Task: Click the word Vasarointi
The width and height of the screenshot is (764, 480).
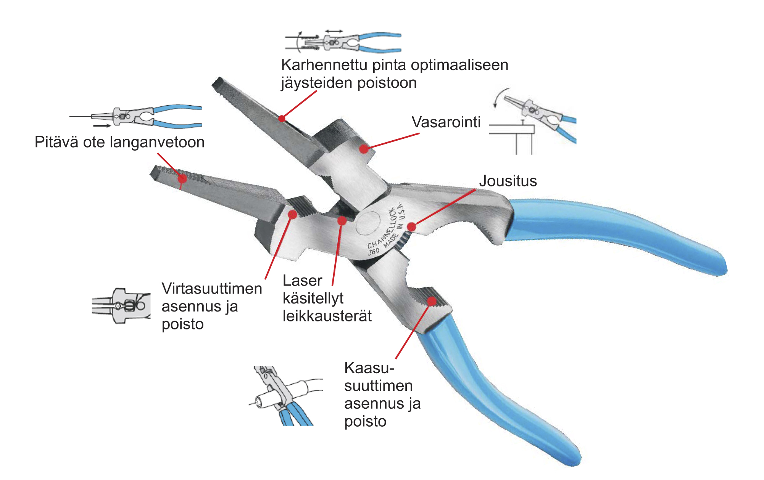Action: click(446, 122)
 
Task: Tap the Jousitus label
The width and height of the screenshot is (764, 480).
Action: click(508, 181)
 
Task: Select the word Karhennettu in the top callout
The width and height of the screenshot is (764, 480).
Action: click(324, 65)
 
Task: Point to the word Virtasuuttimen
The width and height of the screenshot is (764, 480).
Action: click(212, 289)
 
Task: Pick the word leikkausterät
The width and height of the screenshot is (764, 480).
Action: click(327, 316)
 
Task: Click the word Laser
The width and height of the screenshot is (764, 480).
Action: click(302, 281)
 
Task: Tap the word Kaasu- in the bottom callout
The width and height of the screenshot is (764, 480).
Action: click(369, 368)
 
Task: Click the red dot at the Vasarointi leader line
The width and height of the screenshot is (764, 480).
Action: click(364, 149)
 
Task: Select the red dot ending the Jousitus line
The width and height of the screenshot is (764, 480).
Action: click(411, 227)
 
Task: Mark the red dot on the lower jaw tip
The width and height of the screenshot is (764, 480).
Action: click(182, 178)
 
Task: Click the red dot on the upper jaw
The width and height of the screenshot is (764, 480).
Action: click(282, 119)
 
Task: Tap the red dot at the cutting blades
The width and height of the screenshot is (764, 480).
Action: click(342, 220)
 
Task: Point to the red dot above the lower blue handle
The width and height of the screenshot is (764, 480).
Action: click(432, 301)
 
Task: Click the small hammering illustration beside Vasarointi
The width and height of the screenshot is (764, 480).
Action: click(533, 120)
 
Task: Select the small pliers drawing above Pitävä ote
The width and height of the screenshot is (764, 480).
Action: click(136, 116)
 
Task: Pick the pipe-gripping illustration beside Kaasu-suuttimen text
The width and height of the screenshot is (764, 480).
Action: click(286, 396)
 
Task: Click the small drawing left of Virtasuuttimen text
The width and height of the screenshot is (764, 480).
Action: click(121, 306)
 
